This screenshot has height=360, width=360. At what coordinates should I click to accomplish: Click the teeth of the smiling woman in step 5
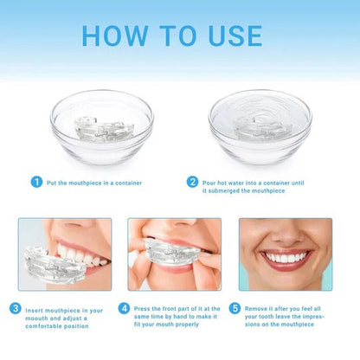tap(285, 257)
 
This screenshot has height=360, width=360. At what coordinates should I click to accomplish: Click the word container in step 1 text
tap(122, 182)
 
